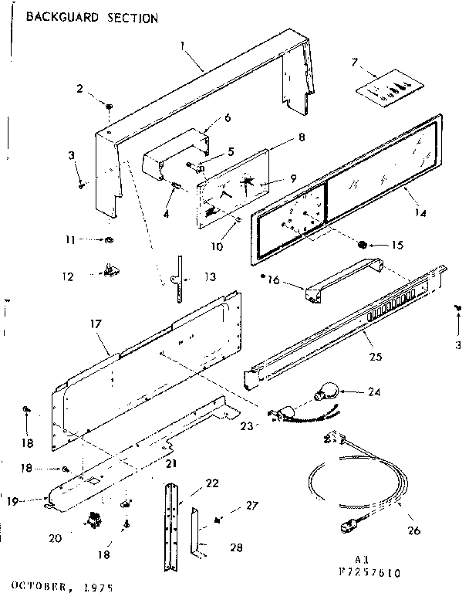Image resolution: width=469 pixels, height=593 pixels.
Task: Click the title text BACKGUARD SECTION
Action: click(x=92, y=16)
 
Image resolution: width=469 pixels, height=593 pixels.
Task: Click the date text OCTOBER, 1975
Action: click(x=61, y=585)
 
